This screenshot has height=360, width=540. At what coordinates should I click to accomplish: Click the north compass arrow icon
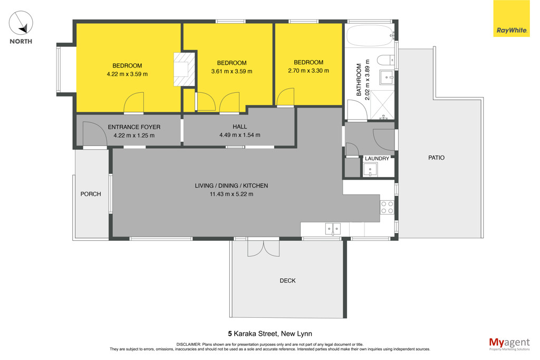point(21,23)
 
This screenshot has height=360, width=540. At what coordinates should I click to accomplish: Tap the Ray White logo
point(512,18)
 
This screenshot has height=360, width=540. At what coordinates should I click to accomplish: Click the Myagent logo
point(509,344)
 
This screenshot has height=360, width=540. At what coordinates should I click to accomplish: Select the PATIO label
point(436,158)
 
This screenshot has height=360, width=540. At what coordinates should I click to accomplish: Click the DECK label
point(287,280)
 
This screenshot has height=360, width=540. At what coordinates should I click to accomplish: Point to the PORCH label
point(91,194)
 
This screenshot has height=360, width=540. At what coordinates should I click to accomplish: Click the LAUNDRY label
point(377,158)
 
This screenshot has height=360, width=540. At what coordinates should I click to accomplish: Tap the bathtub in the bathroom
point(370,35)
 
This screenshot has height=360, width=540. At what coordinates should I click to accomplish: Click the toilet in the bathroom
point(385,60)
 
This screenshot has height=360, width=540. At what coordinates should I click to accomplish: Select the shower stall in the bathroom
point(382,105)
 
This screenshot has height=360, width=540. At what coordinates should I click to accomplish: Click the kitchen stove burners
point(387,208)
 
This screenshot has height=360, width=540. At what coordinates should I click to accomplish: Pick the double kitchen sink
point(333,229)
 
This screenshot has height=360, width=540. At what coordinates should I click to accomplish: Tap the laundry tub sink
point(370,170)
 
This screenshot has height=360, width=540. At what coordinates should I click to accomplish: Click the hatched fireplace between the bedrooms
point(185,69)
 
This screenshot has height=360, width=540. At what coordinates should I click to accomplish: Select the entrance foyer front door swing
point(93,134)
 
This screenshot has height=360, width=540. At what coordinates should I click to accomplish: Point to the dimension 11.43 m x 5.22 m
point(232,194)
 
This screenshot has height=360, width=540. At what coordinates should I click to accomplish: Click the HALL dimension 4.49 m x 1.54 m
point(240,135)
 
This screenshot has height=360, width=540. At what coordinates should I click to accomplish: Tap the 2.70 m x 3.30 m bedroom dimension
point(308,71)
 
